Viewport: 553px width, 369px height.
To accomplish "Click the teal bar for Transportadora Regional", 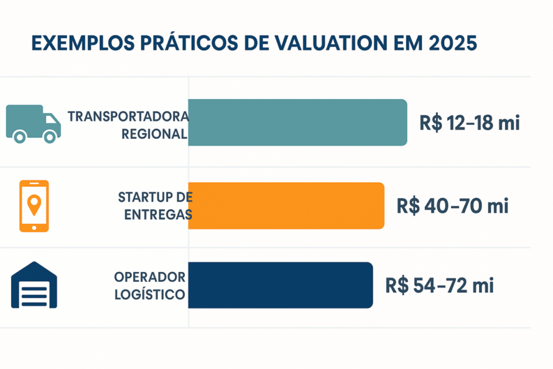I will point(297,122).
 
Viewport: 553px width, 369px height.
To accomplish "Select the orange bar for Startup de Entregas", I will point(286,206).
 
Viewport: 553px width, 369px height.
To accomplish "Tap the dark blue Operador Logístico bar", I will point(280,285).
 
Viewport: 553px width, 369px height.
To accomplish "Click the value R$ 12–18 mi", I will point(470,123).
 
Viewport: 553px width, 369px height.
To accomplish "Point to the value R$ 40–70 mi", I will point(453,206).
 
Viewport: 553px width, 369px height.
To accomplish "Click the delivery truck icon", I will point(33,123).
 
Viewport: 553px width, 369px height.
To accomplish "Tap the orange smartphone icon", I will point(34,206).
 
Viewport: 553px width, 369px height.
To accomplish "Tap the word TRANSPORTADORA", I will point(128,116).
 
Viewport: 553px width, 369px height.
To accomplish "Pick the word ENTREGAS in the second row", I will point(158,214).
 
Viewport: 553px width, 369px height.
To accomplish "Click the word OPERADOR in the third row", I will point(150,277).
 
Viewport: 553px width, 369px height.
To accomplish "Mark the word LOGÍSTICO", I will point(150,294).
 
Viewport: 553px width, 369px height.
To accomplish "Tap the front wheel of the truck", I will point(50,137).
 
